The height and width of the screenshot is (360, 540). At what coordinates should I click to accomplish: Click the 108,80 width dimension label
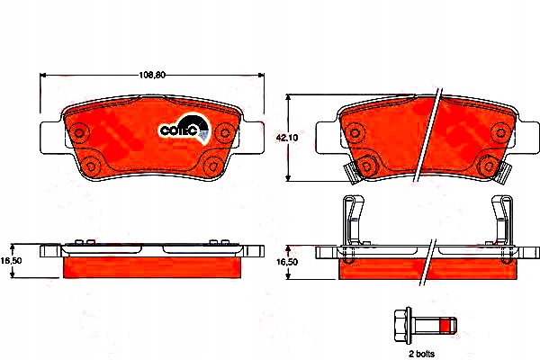[152, 75]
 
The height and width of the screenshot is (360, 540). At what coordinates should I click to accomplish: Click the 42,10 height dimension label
[287, 138]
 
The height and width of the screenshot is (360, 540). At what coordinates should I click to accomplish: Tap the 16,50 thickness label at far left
[11, 261]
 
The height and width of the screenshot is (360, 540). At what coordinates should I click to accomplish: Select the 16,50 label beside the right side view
[287, 262]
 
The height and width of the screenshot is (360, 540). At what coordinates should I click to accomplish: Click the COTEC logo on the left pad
[184, 128]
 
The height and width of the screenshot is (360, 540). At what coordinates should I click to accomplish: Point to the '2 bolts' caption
[421, 354]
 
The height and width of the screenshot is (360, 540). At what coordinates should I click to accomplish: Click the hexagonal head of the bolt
[402, 326]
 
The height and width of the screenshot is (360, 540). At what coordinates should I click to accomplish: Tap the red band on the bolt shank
[446, 326]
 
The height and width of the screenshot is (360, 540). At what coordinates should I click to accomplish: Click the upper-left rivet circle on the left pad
[79, 132]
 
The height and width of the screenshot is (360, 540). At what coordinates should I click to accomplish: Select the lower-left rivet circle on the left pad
[91, 166]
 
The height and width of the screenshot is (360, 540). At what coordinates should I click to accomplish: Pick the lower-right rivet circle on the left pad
[211, 166]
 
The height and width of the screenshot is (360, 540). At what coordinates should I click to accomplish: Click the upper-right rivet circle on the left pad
[224, 132]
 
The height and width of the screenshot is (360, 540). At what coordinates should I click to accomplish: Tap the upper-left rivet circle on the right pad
[355, 132]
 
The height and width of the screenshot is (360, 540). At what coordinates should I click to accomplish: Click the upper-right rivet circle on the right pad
[500, 132]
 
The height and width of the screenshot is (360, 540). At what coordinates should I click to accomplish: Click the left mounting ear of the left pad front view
[51, 138]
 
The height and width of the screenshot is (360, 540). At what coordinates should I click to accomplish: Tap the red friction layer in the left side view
[152, 267]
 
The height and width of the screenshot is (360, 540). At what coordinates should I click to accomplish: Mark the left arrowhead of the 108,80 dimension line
[43, 75]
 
